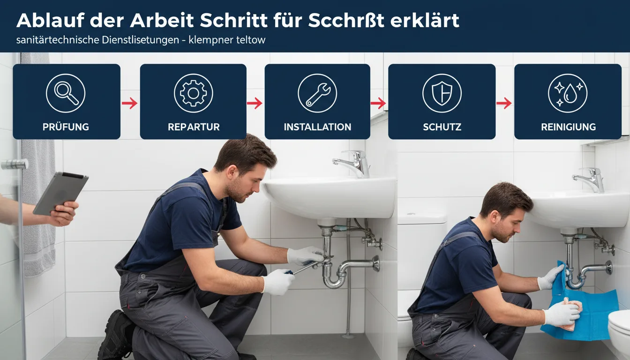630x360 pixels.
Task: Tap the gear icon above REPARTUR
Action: pos(194,93)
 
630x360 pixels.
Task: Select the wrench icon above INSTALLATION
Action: pos(317,93)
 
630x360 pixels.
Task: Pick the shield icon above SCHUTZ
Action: pos(442,93)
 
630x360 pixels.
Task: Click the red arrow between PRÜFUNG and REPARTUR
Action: pos(130,103)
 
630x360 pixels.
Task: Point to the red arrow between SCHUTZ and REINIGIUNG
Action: pos(504,103)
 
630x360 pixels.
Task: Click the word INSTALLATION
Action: pos(317,127)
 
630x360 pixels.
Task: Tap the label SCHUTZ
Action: pos(442,127)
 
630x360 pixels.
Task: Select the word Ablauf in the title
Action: pos(51,20)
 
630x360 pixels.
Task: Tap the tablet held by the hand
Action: pos(60,194)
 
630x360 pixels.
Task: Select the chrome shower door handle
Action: pos(15,165)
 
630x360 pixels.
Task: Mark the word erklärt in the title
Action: pos(425,20)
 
